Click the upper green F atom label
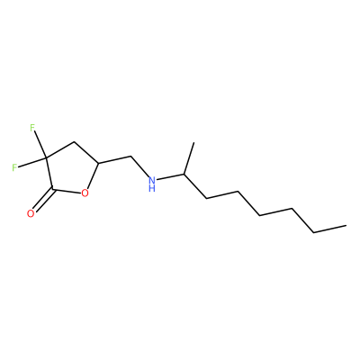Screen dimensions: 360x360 click(32, 129)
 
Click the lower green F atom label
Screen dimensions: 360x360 click(15, 167)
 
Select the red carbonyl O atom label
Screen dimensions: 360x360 click(31, 213)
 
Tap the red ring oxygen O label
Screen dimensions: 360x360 click(85, 193)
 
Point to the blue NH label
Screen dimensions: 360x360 click(152, 184)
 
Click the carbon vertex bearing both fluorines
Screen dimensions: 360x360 click(46, 157)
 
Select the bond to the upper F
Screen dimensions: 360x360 click(40, 146)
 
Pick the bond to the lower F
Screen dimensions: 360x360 click(32, 162)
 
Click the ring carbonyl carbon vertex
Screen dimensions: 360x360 click(53, 189)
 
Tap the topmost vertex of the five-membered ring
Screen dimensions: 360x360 click(74, 141)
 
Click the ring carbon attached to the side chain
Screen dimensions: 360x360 click(98, 164)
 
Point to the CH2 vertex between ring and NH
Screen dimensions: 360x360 click(131, 157)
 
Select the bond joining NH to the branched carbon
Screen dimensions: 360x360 click(171, 177)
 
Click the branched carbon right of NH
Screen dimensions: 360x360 click(184, 175)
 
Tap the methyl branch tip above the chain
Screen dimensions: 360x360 click(193, 143)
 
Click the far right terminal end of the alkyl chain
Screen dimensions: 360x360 click(346, 225)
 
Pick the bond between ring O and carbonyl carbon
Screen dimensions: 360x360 click(67, 191)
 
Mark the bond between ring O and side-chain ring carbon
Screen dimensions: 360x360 click(93, 176)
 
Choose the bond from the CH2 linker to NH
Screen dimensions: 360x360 click(140, 166)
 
